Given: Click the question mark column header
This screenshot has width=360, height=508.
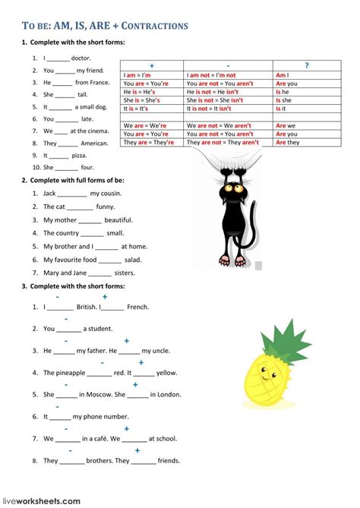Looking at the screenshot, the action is coord(306,66).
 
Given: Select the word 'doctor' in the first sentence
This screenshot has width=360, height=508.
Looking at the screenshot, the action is coord(81,58).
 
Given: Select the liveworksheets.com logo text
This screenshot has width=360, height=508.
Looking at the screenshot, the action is coord(41,500).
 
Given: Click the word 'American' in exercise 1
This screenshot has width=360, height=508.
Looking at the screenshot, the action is coord(95,143).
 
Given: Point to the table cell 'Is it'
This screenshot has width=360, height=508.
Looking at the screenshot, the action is coord(283,109).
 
